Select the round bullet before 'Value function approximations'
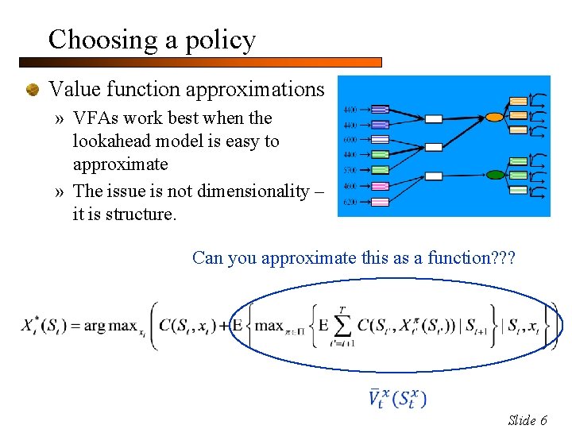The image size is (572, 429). click(33, 90)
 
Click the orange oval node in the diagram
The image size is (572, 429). click(494, 117)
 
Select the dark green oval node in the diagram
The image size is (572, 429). click(496, 175)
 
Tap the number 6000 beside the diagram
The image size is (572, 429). click(350, 140)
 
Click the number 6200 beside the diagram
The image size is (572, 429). click(350, 203)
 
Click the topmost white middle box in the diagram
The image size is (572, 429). click(433, 119)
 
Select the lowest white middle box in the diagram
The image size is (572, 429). click(433, 176)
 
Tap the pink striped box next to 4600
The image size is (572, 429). click(380, 186)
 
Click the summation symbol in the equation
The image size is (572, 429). click(342, 325)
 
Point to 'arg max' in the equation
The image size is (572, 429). click(105, 326)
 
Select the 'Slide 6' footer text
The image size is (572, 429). click(528, 420)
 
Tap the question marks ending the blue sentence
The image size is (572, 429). click(504, 258)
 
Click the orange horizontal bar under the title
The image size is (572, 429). click(199, 62)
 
